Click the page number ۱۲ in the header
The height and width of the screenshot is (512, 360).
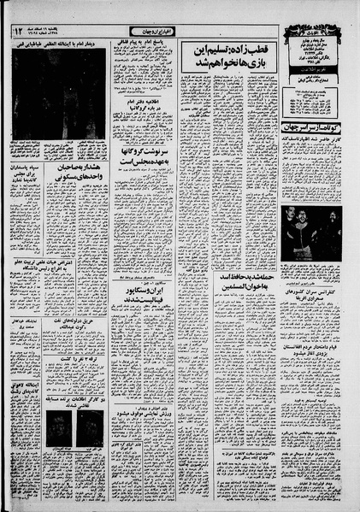click(x=18, y=32)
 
